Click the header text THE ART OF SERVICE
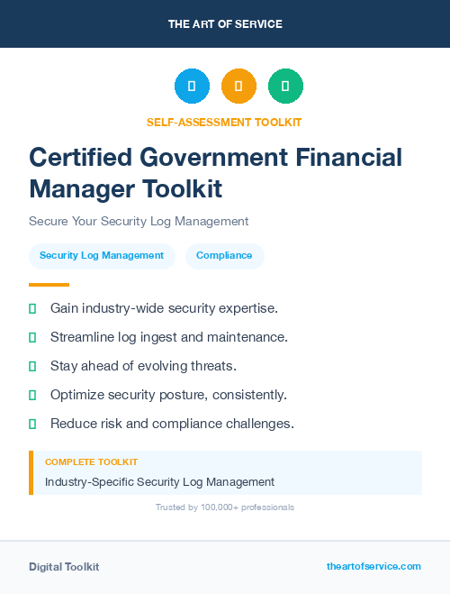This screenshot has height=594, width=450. pyautogui.click(x=225, y=24)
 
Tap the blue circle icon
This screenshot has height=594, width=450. pyautogui.click(x=192, y=87)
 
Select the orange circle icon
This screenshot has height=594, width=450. pyautogui.click(x=238, y=87)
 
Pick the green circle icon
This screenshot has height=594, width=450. pyautogui.click(x=285, y=87)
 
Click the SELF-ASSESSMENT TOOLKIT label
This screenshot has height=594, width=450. pyautogui.click(x=224, y=122)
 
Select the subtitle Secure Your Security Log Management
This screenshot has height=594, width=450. pyautogui.click(x=139, y=221)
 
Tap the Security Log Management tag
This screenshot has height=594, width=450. pyautogui.click(x=102, y=256)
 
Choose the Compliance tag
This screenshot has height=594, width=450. pyautogui.click(x=224, y=256)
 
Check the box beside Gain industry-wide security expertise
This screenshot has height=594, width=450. pyautogui.click(x=32, y=308)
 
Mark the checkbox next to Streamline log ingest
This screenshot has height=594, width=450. pyautogui.click(x=32, y=337)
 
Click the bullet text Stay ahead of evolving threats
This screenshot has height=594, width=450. pyautogui.click(x=143, y=366)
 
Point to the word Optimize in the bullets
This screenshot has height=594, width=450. pyautogui.click(x=78, y=395)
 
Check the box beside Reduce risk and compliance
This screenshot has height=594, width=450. pyautogui.click(x=32, y=424)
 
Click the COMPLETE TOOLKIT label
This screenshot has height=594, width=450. pyautogui.click(x=91, y=461)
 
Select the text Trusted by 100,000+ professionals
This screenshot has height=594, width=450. pyautogui.click(x=225, y=507)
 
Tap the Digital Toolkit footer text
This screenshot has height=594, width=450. pyautogui.click(x=64, y=567)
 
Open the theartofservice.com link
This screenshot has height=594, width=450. pyautogui.click(x=373, y=566)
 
